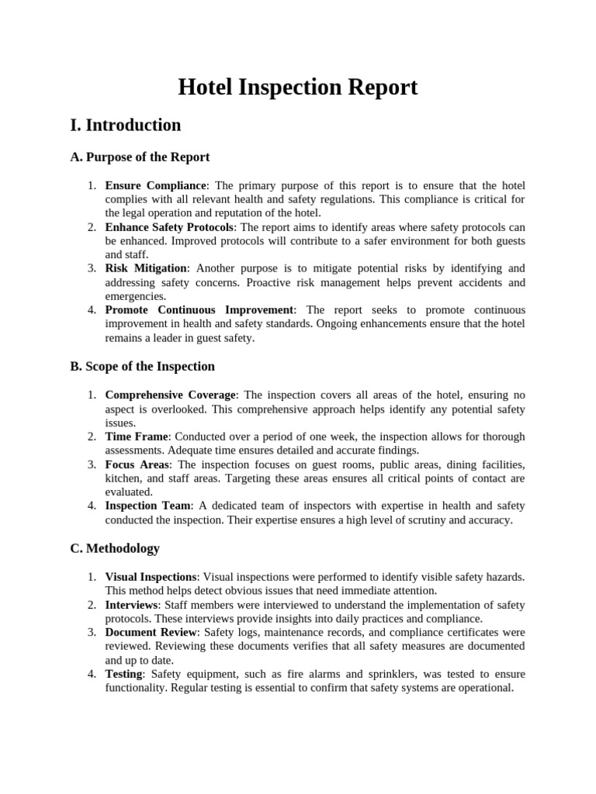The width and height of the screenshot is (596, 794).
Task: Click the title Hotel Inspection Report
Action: [298, 87]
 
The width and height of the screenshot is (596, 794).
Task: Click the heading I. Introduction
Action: [126, 126]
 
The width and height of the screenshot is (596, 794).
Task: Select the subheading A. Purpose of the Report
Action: [140, 157]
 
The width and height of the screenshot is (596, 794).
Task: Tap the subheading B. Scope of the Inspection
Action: [142, 366]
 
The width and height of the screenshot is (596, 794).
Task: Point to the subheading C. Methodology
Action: [115, 548]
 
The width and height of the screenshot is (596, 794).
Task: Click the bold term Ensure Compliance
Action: [156, 186]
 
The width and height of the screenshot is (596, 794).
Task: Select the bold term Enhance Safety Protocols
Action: [169, 227]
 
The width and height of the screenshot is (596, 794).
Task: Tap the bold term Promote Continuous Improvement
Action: [199, 309]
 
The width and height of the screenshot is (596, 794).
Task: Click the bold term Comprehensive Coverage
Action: [170, 395]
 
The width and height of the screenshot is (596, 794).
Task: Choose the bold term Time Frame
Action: [137, 437]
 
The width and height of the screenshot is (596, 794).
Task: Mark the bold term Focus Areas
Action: [137, 464]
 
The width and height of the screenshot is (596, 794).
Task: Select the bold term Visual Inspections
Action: [151, 577]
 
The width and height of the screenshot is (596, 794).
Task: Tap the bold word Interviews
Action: [131, 605]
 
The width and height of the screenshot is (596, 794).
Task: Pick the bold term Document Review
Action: [152, 633]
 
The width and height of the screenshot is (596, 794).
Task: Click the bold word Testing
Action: [124, 674]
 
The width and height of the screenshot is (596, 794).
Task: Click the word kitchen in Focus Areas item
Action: [122, 478]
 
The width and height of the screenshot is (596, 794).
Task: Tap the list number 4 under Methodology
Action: [92, 674]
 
